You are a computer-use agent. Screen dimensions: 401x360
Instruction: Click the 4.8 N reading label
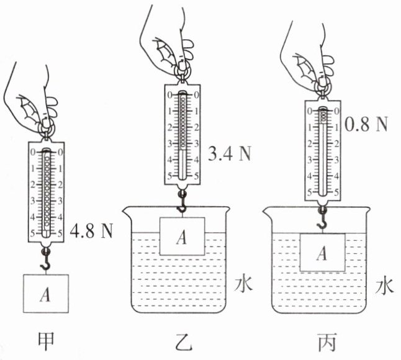(x=91, y=231)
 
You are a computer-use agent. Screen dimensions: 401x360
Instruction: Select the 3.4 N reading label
(x=230, y=153)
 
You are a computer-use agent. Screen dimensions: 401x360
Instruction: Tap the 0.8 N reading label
(x=366, y=124)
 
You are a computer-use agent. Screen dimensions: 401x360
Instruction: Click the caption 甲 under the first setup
(x=46, y=341)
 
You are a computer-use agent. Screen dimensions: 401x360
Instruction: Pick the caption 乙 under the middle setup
(x=183, y=342)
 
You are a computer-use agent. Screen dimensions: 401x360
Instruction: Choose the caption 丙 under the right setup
(x=327, y=342)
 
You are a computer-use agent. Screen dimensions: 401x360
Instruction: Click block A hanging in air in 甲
(x=46, y=294)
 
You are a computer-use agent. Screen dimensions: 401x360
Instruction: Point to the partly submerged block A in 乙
(x=182, y=236)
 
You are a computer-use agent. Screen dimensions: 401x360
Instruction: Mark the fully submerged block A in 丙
(x=323, y=253)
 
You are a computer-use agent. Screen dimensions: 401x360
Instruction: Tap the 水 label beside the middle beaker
(x=244, y=284)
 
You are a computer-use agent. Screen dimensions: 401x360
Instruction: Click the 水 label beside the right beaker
(x=384, y=286)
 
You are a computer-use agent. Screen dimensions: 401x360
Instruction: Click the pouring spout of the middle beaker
(x=127, y=212)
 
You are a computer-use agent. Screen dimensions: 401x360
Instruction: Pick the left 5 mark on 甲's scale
(x=32, y=233)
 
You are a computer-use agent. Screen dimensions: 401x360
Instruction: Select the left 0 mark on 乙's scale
(x=169, y=95)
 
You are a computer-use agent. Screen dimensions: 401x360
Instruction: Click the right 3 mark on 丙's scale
(x=336, y=160)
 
